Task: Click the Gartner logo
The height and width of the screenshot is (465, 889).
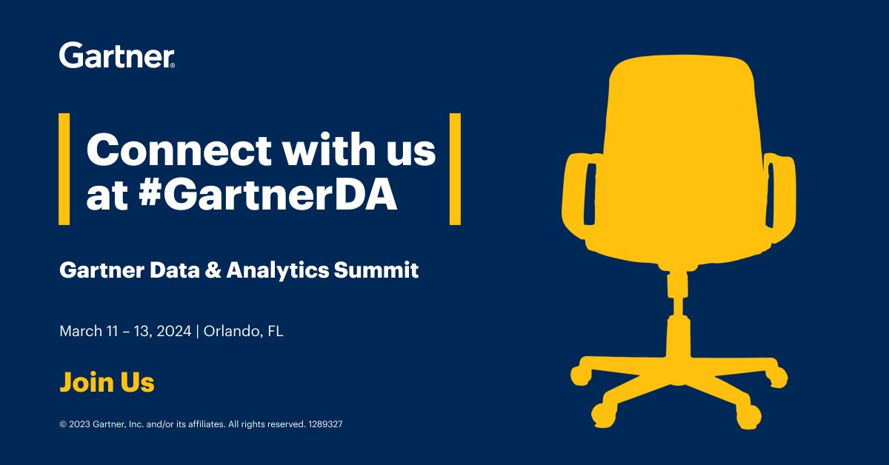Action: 116,55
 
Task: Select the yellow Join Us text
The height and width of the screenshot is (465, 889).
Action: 107,383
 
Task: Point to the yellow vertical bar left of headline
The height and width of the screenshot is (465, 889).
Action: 64,169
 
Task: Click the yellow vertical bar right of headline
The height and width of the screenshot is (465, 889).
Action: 455,169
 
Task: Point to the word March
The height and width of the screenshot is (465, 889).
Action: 79,331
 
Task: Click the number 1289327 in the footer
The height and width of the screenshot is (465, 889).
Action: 324,425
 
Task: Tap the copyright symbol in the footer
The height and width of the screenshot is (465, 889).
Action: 63,425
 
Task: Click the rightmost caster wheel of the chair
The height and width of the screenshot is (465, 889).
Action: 778,378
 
